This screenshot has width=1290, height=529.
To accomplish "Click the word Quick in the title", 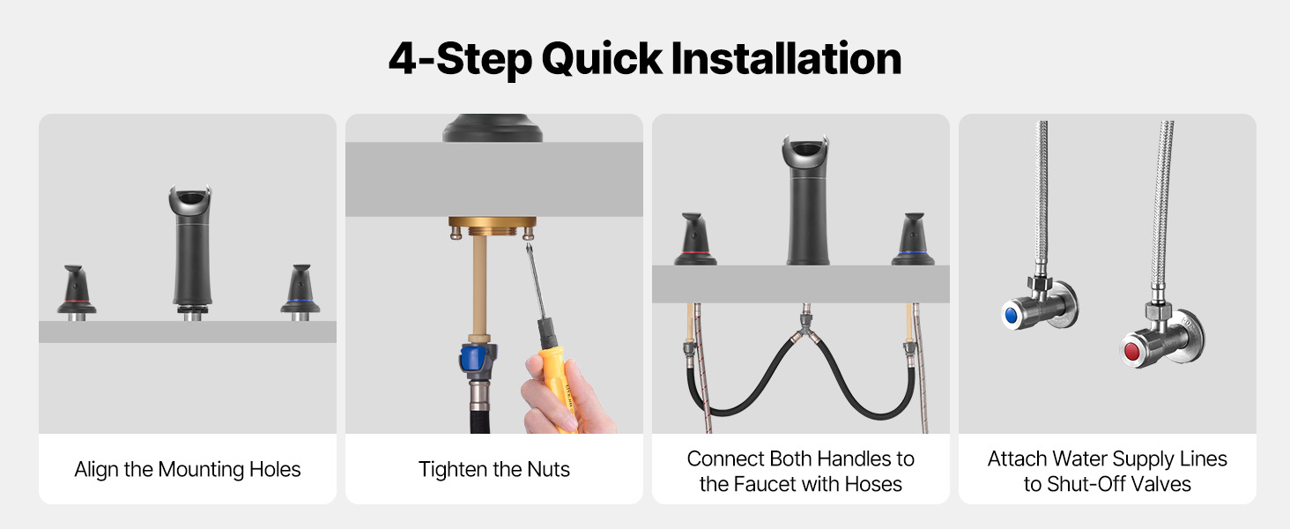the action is click(x=602, y=59).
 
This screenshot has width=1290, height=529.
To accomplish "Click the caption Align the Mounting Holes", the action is click(x=187, y=469).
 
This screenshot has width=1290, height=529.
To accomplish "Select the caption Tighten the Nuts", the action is click(x=493, y=469).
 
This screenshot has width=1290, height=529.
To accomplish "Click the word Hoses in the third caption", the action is click(x=873, y=484).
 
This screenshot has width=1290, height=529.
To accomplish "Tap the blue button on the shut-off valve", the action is click(x=1011, y=316).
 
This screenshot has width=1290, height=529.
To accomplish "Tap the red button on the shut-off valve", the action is click(x=1131, y=351).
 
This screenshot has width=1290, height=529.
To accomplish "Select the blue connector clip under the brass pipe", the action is click(x=475, y=357).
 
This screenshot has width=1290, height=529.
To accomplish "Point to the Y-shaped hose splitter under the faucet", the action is click(x=806, y=329).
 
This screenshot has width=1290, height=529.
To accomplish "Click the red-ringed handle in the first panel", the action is click(x=77, y=292).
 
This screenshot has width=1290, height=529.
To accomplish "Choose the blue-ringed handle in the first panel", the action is click(x=300, y=292).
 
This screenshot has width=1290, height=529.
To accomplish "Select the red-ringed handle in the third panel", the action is click(x=695, y=239).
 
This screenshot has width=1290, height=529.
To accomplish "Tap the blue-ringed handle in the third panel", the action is click(x=914, y=239).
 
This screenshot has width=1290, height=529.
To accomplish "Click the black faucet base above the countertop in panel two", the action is click(x=493, y=128).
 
